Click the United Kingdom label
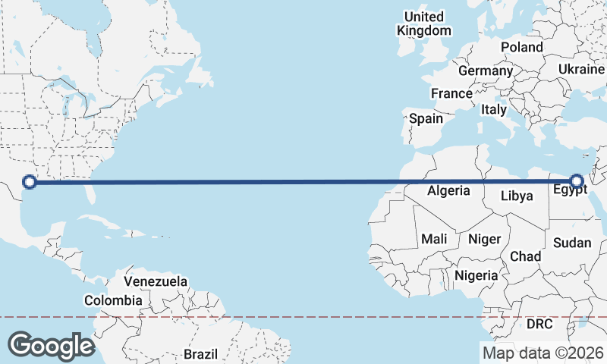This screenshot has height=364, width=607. point(424,24)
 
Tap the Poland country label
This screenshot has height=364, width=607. point(521,47)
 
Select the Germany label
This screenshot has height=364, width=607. point(486,71)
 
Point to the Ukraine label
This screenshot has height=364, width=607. point(581,69)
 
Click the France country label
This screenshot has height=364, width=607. point(451,93)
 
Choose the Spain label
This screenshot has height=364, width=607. point(426,118)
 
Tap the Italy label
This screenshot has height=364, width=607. point(494,110)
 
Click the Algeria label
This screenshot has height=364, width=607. point(448,190)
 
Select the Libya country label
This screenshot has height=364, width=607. point(517,196)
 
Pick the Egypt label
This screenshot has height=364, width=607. point(570,191)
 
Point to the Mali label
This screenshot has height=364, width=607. point(434,239)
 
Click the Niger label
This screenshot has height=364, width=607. point(484,239)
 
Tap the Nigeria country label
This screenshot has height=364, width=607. point(476,275)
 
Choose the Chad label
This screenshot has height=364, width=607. point(525,256)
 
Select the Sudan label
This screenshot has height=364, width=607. point(572,243)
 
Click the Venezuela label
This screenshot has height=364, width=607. point(156,281)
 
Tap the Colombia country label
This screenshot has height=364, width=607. point(113,300)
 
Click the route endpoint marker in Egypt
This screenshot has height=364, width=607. point(577,181)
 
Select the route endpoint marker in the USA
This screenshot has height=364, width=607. point(30,181)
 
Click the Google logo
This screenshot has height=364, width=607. point(52,345)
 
